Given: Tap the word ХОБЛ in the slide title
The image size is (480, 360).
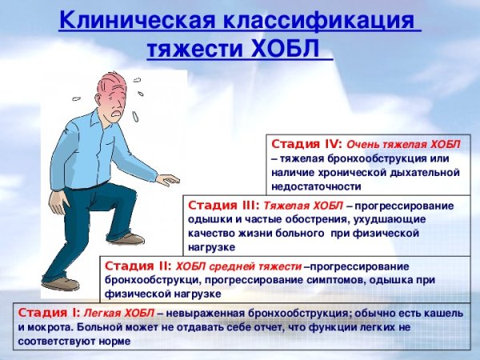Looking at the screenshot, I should (x=286, y=49).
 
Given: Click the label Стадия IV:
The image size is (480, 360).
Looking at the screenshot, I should (x=307, y=145).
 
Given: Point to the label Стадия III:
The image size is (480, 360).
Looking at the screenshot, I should (x=222, y=205).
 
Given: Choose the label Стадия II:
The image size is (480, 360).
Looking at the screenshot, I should (x=138, y=265).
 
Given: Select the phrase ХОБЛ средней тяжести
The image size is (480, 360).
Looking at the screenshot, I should (x=238, y=265).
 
